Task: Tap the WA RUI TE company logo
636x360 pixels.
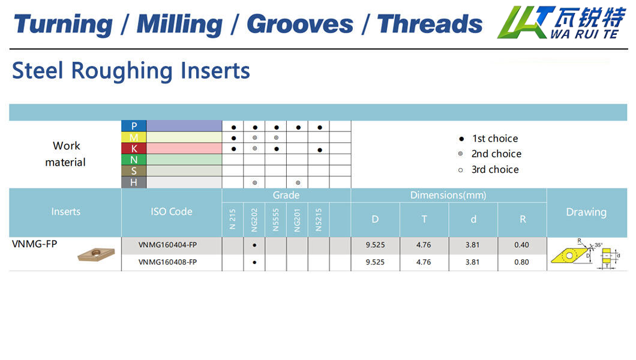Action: [x=562, y=22]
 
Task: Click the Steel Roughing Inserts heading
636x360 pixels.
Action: [x=131, y=71]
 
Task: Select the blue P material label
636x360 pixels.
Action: [x=134, y=126]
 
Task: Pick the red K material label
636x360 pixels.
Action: [x=134, y=148]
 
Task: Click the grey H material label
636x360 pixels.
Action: [x=134, y=182]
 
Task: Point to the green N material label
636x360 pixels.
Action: [x=134, y=160]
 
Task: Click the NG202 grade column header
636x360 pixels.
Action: [x=254, y=220]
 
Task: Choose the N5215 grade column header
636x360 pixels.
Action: [x=319, y=220]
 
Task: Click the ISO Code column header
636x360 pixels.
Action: [x=172, y=212]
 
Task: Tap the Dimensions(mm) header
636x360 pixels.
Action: [x=448, y=196]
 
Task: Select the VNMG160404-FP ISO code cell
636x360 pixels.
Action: [x=167, y=245]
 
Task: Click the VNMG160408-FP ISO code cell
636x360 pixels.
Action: [x=167, y=262]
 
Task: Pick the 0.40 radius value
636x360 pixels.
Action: [x=521, y=245]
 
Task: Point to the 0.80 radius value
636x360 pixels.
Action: [x=521, y=262]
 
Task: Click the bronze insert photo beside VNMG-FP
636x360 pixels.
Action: [x=97, y=254]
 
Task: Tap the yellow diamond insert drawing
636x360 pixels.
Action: [x=569, y=256]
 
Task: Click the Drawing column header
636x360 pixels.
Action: [x=587, y=212]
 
